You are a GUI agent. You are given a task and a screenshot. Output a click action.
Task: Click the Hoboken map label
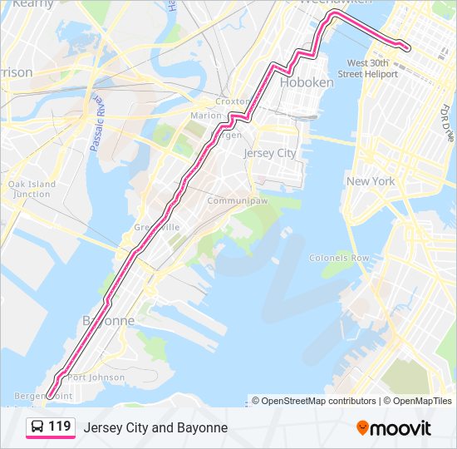pos(307,82)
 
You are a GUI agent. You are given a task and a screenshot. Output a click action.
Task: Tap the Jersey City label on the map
pos(269,154)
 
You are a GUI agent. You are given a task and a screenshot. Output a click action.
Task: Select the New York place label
pos(371,181)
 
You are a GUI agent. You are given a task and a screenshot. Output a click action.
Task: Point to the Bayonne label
pos(108,320)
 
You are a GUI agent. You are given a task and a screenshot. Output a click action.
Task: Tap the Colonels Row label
pos(339,259)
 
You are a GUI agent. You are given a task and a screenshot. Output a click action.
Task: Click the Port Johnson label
pos(96,377)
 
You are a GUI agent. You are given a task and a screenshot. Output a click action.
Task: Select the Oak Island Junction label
pos(32,189)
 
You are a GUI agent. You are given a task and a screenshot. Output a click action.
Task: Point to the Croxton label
pos(232,101)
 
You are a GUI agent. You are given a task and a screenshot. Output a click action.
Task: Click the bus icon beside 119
pos(37,427)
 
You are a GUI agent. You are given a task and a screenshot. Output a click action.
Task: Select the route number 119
pos(59,427)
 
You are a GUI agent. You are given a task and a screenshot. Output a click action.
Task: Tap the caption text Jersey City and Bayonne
pos(155,427)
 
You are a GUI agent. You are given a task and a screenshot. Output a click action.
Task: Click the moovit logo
pos(394,428)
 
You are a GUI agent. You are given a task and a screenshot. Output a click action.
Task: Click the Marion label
pos(206,116)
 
